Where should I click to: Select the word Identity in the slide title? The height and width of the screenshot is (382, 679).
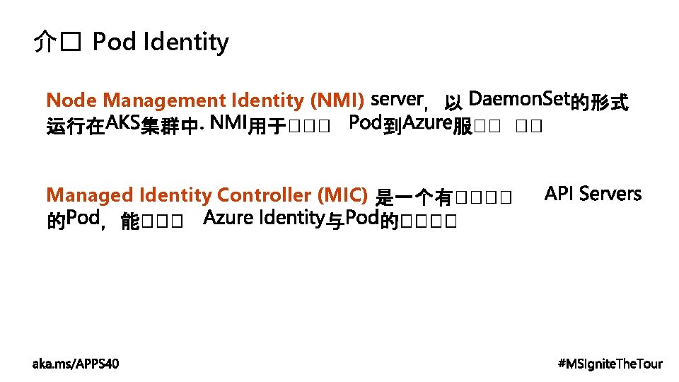[185, 43]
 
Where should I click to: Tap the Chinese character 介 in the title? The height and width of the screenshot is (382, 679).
[44, 43]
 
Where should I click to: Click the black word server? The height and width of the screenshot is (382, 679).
[397, 98]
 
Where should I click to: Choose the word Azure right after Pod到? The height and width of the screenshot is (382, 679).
[427, 124]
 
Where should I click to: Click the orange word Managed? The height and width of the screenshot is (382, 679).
[89, 195]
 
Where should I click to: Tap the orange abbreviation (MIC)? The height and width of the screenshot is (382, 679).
[343, 195]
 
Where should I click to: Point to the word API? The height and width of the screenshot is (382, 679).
[560, 194]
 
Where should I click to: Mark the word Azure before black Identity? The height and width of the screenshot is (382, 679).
[228, 218]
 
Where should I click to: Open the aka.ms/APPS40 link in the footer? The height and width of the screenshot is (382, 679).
[76, 364]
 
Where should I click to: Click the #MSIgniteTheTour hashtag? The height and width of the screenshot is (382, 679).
[610, 364]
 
